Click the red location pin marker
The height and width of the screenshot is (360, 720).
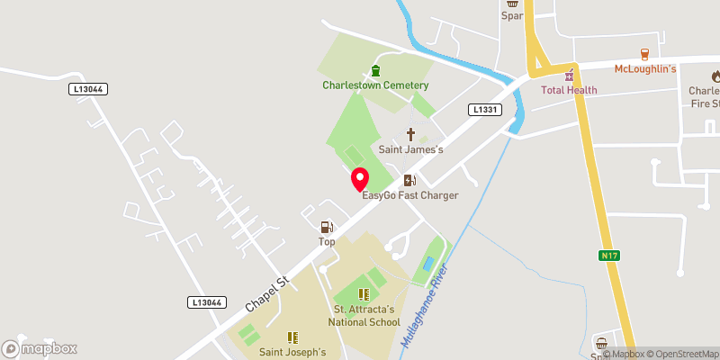(359, 178)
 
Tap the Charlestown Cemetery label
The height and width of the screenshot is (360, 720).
(375, 85)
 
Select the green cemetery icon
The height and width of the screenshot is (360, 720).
(375, 71)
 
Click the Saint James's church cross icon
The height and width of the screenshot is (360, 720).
(410, 134)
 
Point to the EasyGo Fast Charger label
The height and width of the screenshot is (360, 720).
(409, 195)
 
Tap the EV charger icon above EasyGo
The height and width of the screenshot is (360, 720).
(409, 180)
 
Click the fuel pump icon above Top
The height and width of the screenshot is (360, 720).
(327, 227)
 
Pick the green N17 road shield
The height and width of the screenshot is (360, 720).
(610, 256)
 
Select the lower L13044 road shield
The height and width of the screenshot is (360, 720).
(206, 302)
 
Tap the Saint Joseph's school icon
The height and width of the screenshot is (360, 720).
(292, 337)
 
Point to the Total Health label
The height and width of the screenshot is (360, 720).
(569, 91)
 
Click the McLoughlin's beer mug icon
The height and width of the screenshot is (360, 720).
(644, 54)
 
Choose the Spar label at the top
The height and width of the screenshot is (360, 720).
(512, 15)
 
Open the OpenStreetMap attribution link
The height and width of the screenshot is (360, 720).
(674, 354)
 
